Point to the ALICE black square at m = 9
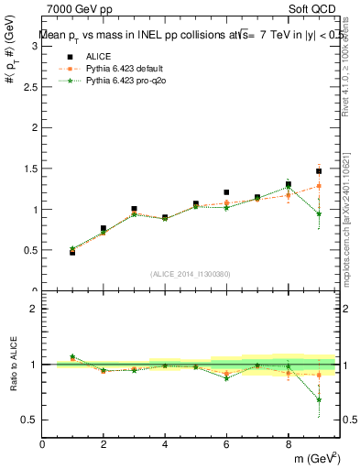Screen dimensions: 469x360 (319, 171)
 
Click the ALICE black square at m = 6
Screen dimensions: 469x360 (226, 192)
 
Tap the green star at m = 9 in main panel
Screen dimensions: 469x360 (319, 214)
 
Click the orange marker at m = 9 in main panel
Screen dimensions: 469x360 (319, 186)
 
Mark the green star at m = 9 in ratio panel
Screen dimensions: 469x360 (319, 399)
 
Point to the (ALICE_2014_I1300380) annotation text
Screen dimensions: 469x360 (191, 274)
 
